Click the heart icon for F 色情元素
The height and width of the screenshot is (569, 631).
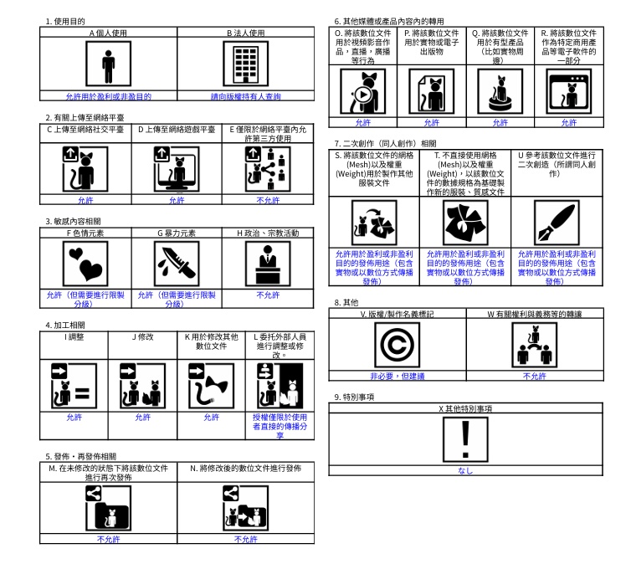(x=85, y=263)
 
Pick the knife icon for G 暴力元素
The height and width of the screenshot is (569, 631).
(x=177, y=263)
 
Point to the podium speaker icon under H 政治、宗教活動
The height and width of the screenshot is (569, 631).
(x=268, y=263)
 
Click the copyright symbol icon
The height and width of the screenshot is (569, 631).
(x=397, y=345)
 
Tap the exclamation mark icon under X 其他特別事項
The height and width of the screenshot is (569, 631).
(x=465, y=438)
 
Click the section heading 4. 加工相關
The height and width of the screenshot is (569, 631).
(x=65, y=324)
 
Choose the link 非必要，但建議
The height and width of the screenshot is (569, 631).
(x=397, y=376)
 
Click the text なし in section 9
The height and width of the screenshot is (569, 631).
(x=465, y=470)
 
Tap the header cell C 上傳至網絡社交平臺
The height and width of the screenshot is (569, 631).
(x=85, y=130)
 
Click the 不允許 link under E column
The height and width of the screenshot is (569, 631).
(x=268, y=201)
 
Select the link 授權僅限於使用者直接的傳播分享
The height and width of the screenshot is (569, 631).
(x=280, y=425)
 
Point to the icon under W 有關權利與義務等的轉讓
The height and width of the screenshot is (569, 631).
(x=534, y=345)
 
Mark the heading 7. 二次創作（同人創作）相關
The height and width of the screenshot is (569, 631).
(x=384, y=143)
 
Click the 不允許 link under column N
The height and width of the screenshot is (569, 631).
(x=245, y=540)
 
